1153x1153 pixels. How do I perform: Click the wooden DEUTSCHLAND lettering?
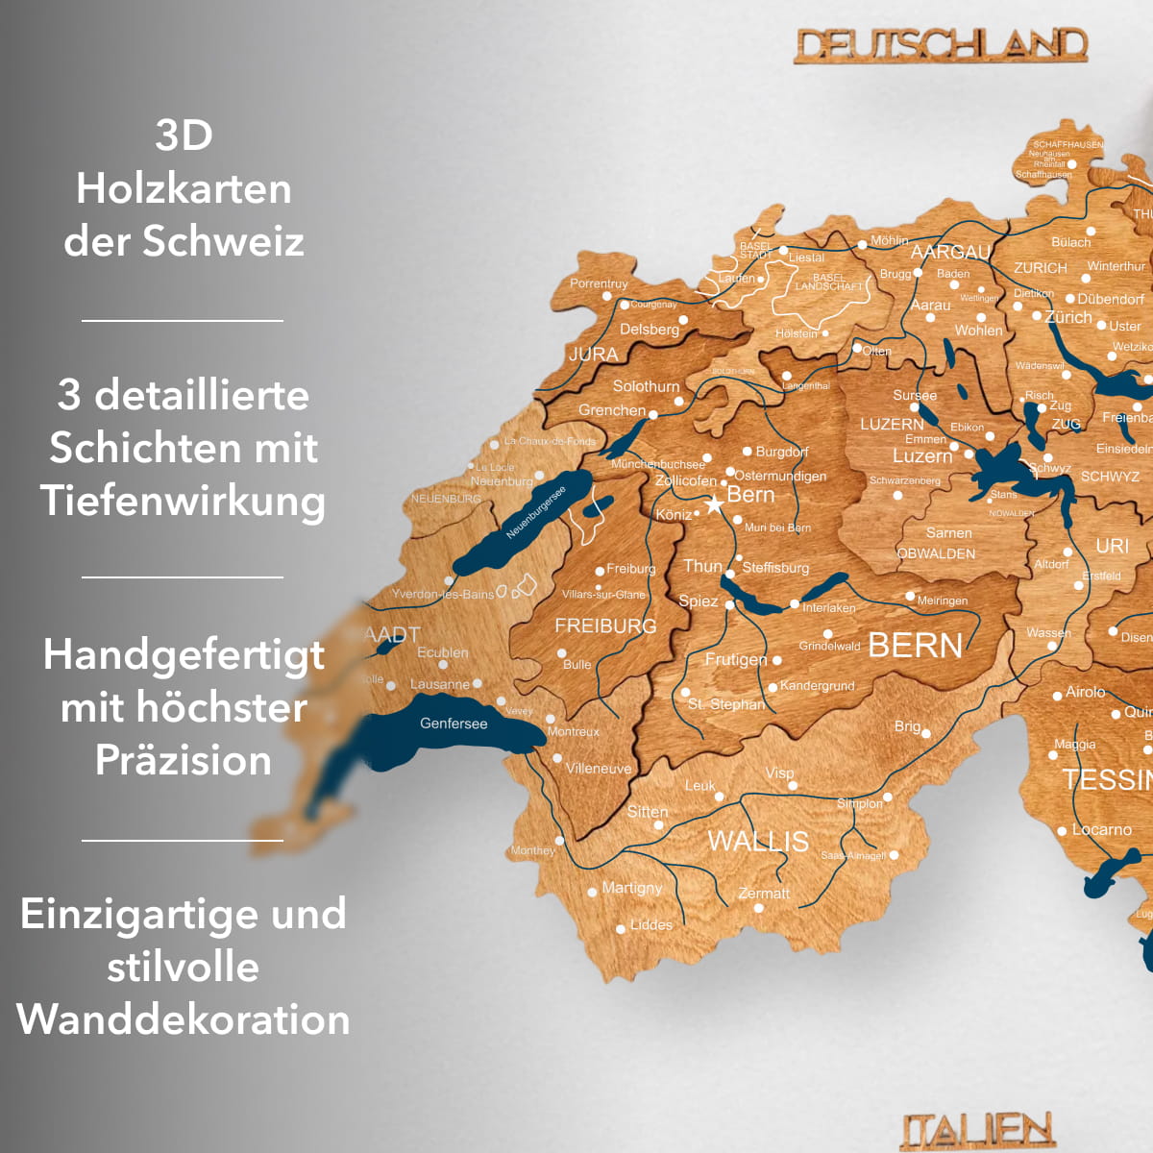click(x=941, y=45)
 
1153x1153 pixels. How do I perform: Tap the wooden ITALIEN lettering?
click(x=977, y=1131)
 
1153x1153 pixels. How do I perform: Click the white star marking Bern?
click(x=714, y=503)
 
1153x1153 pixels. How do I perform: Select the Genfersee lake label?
click(x=454, y=724)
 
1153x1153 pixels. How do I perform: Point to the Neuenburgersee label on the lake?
click(x=536, y=513)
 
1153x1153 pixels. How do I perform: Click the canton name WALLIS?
click(x=758, y=841)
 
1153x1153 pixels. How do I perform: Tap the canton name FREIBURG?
click(x=605, y=626)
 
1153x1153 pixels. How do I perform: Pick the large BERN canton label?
click(x=915, y=646)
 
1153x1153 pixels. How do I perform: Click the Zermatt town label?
click(x=764, y=894)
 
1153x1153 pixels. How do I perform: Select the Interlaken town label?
click(x=828, y=608)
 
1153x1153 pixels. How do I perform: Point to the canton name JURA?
click(x=593, y=354)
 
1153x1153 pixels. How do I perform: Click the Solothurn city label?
click(x=646, y=386)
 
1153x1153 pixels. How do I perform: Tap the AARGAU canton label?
click(x=950, y=252)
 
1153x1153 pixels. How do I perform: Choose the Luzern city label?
click(x=922, y=455)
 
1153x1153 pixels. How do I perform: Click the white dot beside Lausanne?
click(x=478, y=683)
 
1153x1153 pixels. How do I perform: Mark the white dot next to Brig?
click(x=926, y=733)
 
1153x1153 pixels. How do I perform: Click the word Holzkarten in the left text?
click(x=184, y=188)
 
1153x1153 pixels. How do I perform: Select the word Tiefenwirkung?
click(x=183, y=501)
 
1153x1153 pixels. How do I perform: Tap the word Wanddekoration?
click(x=184, y=1019)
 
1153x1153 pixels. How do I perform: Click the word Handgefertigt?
click(x=184, y=655)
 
